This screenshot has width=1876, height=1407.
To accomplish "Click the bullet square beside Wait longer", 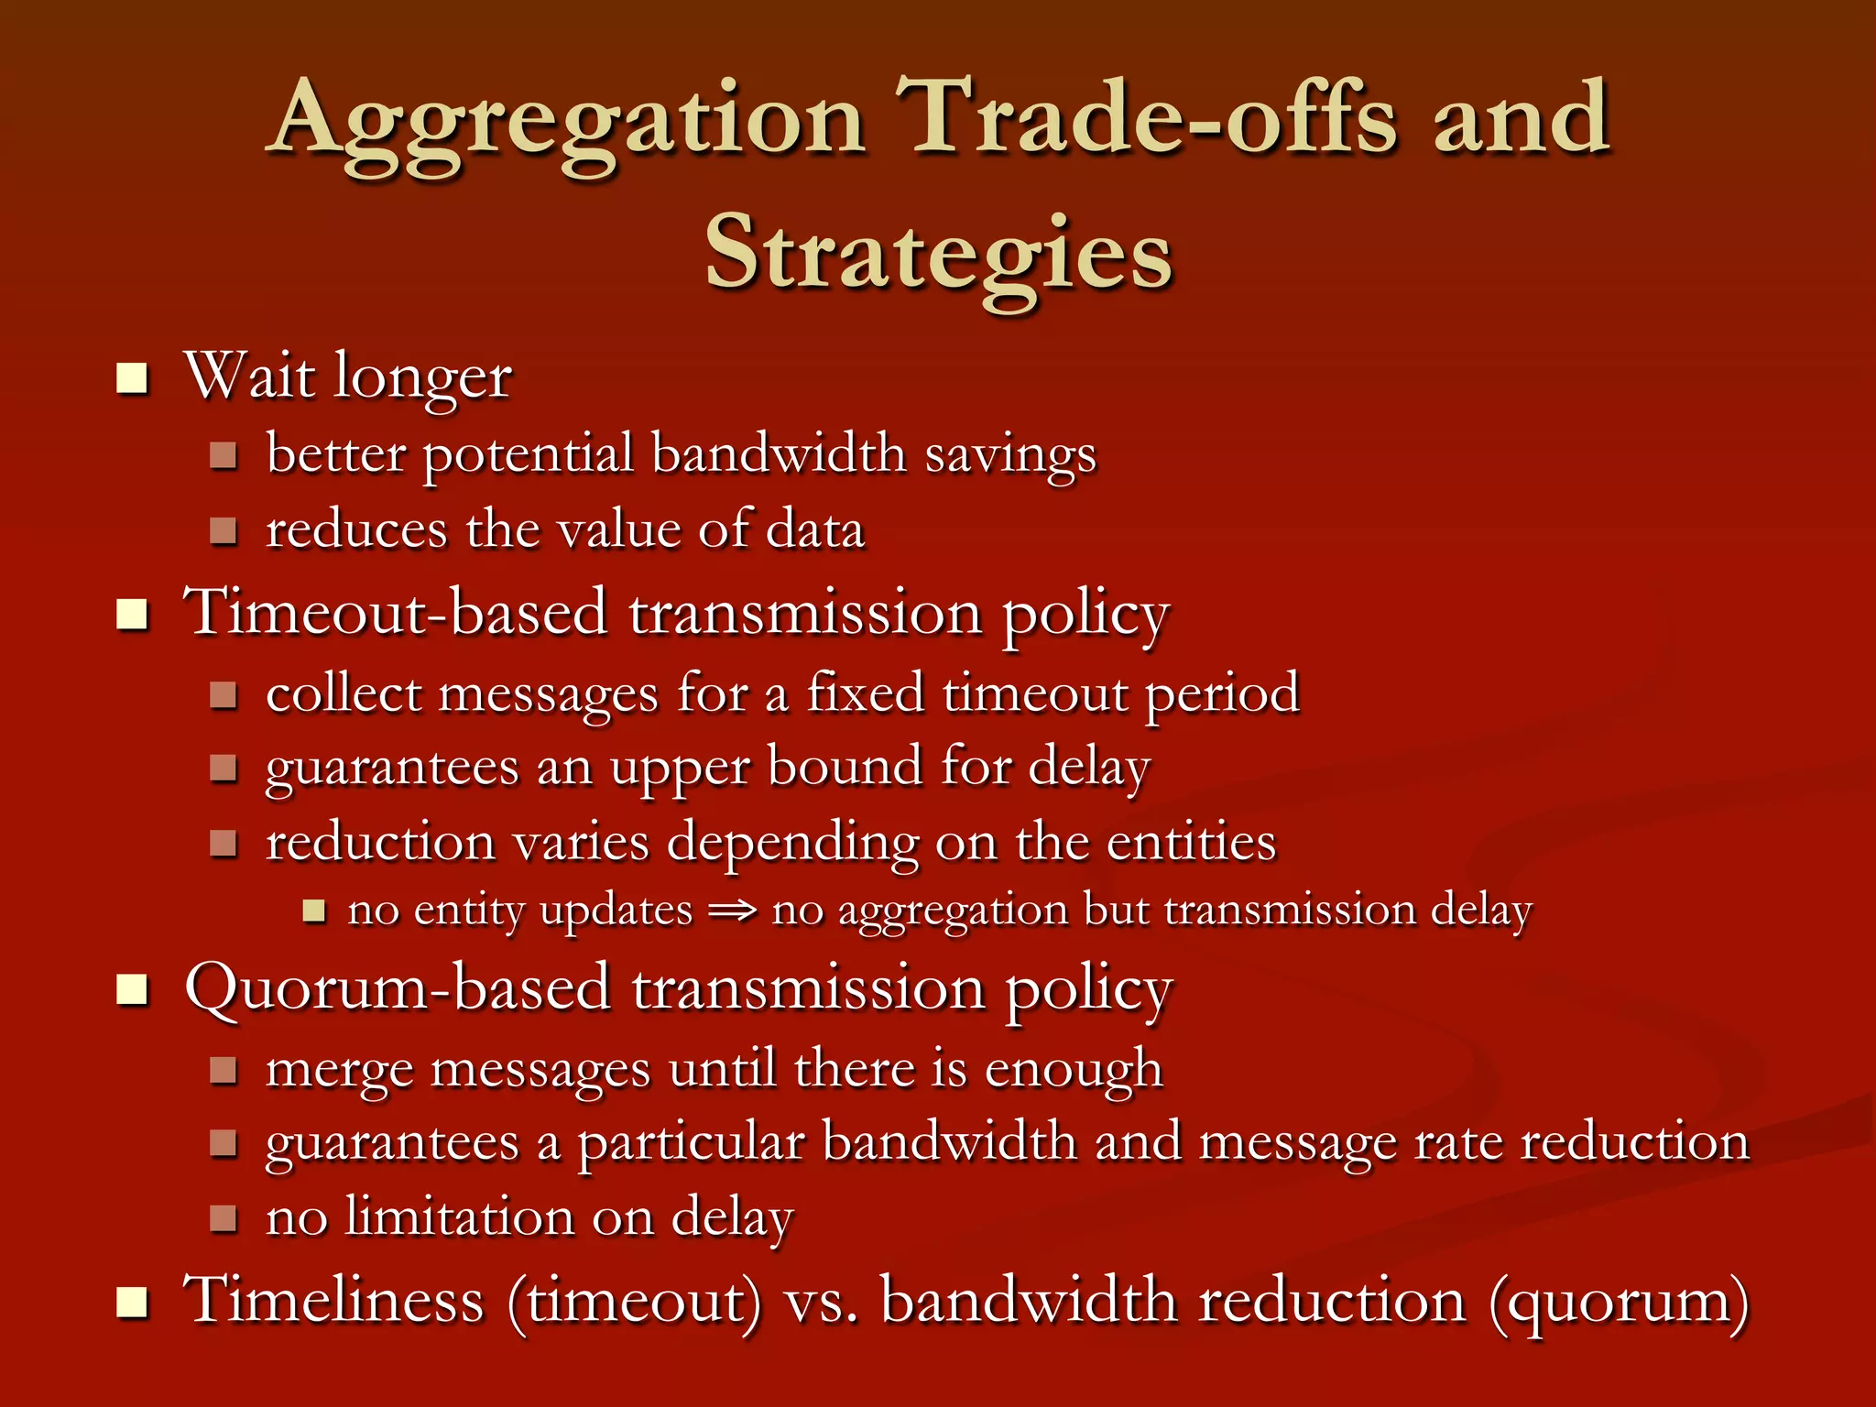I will [x=133, y=377].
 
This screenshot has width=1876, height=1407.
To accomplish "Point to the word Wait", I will [x=250, y=376].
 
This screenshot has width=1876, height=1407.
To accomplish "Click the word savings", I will [x=1009, y=455].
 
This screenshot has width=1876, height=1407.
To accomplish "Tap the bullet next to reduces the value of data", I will [x=223, y=531].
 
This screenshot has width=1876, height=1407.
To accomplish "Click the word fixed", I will [x=865, y=693].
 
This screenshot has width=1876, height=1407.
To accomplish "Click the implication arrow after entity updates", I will [x=733, y=911].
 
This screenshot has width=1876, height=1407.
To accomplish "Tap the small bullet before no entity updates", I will [x=314, y=911].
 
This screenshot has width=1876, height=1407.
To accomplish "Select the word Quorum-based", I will [x=398, y=989].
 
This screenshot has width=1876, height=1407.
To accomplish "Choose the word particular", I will [x=692, y=1144].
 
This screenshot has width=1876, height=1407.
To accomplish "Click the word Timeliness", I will [x=333, y=1301].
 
